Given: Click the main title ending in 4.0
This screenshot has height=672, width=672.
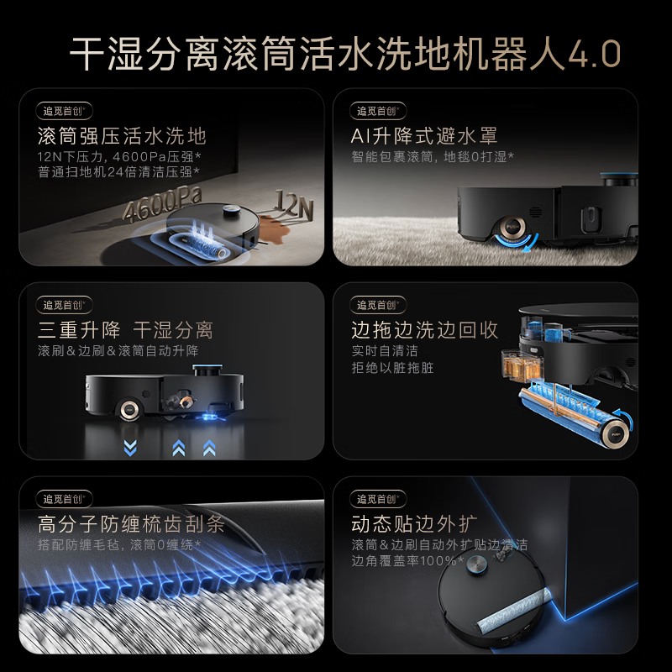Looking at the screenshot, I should [345, 55].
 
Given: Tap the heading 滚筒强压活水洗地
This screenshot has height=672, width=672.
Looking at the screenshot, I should [122, 136].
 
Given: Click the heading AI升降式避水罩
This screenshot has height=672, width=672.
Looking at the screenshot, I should [424, 136].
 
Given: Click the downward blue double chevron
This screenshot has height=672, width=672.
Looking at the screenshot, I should [129, 447].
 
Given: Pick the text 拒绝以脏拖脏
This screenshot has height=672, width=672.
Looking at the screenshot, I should [392, 368].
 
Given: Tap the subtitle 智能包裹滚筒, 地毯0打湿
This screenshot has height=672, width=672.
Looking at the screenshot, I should [433, 156].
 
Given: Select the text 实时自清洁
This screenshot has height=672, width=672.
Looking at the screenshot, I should [385, 351].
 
